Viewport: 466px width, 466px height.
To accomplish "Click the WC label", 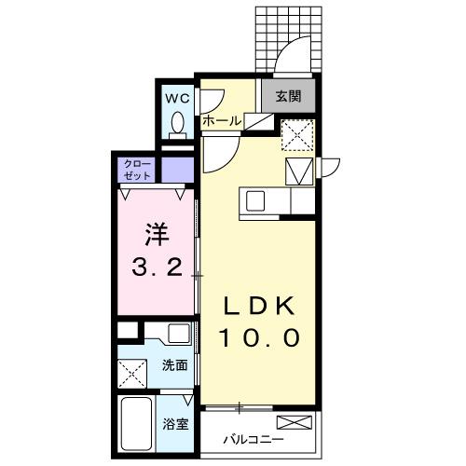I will (177, 96).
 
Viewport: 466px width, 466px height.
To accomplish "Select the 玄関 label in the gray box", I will (287, 95).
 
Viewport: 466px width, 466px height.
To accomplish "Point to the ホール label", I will (220, 121).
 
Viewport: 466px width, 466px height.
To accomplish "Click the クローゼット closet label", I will (136, 170).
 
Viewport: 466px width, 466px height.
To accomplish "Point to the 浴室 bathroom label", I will (175, 423).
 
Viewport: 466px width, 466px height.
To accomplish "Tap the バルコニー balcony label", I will (254, 439).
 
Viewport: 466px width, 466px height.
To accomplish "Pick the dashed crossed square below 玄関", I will (298, 136).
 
